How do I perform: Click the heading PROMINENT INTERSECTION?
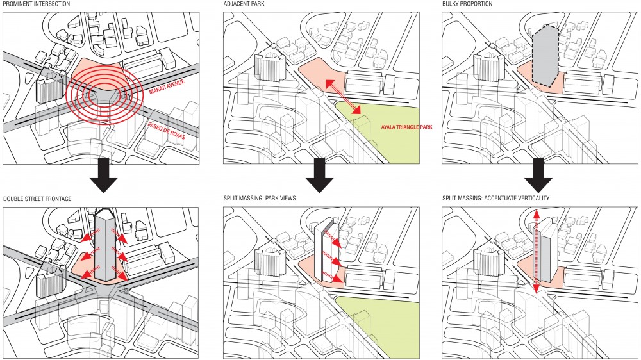click(x=37, y=4)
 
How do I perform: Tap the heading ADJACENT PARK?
click(x=244, y=4)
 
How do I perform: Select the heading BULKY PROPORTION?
click(x=467, y=4)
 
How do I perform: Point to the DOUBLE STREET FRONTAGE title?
click(x=37, y=199)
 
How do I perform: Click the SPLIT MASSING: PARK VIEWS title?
click(x=260, y=199)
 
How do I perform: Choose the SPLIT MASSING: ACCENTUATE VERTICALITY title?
click(x=495, y=199)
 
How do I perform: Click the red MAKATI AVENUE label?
click(x=167, y=86)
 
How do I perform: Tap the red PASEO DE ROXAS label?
click(x=167, y=130)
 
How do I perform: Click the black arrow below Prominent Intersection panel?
click(x=104, y=176)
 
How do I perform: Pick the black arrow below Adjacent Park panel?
click(x=320, y=176)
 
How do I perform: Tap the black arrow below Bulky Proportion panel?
click(x=538, y=176)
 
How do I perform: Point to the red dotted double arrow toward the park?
click(x=343, y=97)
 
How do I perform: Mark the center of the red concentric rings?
click(x=104, y=96)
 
